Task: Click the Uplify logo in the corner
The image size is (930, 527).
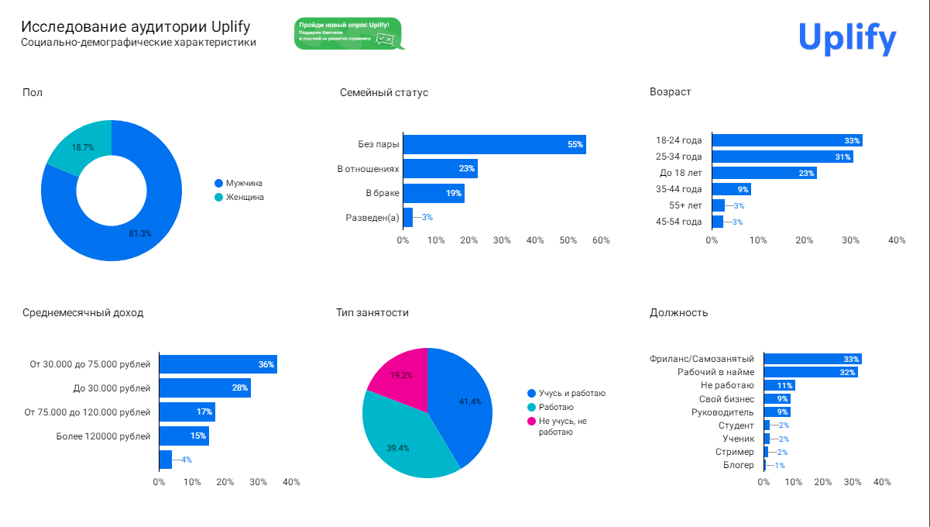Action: (847, 37)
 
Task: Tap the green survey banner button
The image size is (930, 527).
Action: (348, 33)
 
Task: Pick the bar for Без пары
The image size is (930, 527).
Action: (494, 144)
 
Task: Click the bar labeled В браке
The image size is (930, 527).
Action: (434, 193)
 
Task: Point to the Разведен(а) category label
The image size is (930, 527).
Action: (372, 218)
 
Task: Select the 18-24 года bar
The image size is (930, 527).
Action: (787, 140)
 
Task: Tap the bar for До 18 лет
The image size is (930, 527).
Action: (764, 173)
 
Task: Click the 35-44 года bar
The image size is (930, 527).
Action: (732, 189)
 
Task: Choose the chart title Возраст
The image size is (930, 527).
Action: (670, 92)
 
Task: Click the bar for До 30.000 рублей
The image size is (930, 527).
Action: (204, 387)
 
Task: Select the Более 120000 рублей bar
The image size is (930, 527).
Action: (184, 436)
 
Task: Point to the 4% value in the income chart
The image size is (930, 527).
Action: (186, 460)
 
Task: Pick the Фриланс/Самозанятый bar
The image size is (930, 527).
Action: (812, 359)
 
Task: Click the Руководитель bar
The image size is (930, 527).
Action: (777, 412)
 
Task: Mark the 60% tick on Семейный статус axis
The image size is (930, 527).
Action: (601, 240)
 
